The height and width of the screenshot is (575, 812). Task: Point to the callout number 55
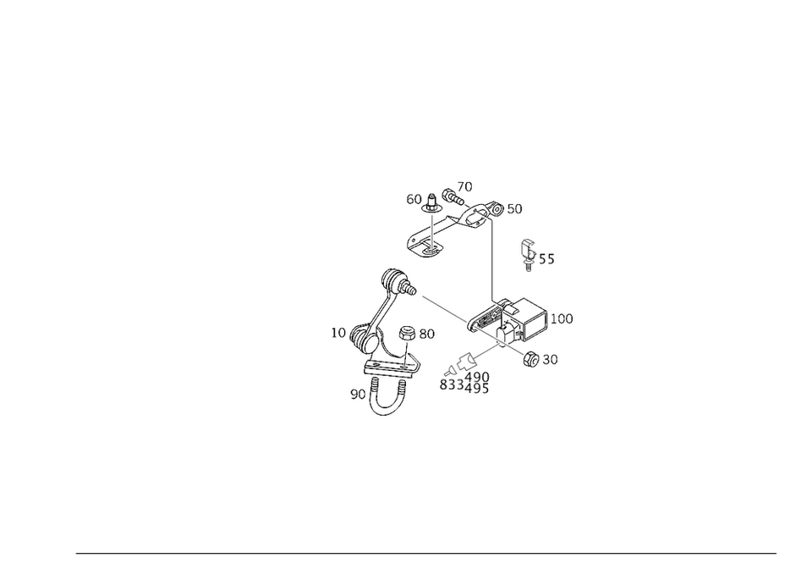point(547,261)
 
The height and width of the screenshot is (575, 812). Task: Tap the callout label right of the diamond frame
point(562,319)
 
